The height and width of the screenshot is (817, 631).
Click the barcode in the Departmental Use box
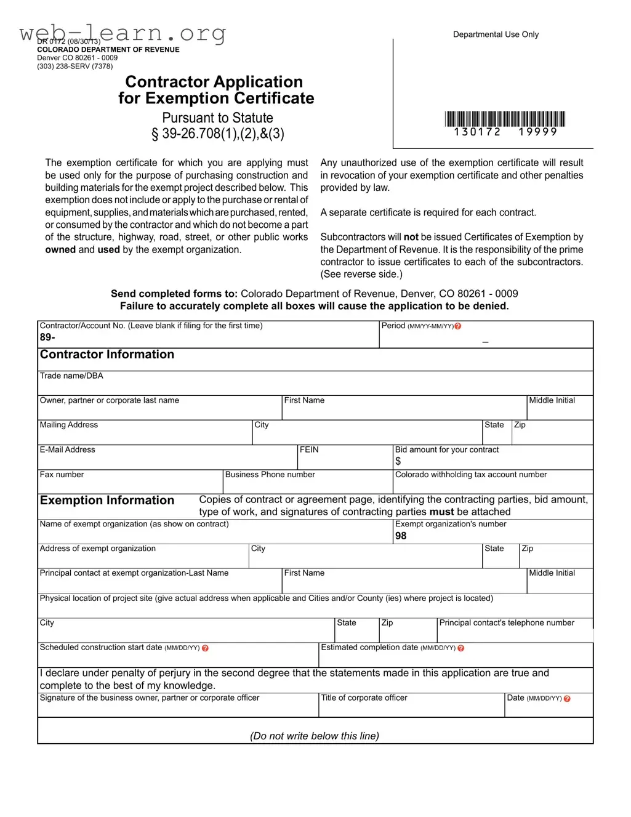(x=505, y=119)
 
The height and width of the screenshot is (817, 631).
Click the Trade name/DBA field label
(x=71, y=376)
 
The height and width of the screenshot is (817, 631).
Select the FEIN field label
(x=309, y=450)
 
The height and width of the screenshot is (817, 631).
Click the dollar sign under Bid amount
(x=398, y=461)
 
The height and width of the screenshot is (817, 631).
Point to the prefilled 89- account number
(x=47, y=337)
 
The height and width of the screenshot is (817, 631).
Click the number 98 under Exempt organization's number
(x=401, y=536)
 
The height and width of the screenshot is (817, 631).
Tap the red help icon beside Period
(x=458, y=326)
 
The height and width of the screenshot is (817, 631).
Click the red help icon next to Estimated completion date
(x=461, y=648)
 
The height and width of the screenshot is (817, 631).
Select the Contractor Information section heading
(x=107, y=355)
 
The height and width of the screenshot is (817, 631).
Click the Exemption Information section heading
(x=107, y=501)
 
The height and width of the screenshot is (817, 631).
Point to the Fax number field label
(x=62, y=475)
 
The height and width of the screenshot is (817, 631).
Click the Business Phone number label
(x=270, y=475)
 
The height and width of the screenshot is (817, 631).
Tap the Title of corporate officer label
(x=364, y=698)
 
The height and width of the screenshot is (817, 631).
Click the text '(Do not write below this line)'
(x=315, y=736)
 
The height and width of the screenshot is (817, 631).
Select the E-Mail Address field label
(x=67, y=450)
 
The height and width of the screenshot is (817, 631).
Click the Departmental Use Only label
(x=496, y=34)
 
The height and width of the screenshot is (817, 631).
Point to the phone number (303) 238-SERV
(x=74, y=66)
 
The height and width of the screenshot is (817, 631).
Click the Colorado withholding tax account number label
(x=471, y=475)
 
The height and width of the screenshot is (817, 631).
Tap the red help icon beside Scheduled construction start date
(x=205, y=648)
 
